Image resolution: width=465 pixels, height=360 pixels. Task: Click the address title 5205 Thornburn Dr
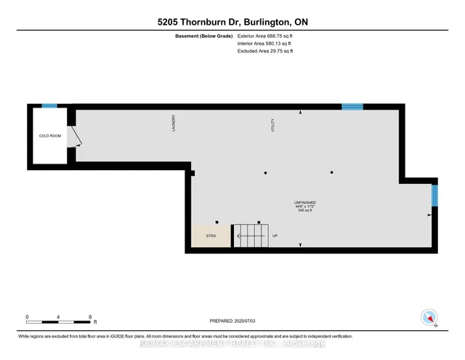click(x=232, y=22)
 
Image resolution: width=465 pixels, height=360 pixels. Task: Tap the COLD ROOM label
click(x=49, y=136)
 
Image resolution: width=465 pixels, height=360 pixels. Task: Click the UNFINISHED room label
click(x=304, y=202)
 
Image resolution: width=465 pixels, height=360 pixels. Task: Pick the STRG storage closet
click(x=211, y=237)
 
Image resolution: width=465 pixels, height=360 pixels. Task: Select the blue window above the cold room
click(x=49, y=106)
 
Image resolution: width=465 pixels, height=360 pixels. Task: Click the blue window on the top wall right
click(x=352, y=106)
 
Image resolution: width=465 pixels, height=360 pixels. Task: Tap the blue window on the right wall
click(x=434, y=195)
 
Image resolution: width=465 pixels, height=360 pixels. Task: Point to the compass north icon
click(x=429, y=316)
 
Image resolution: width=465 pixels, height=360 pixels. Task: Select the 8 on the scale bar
click(x=89, y=316)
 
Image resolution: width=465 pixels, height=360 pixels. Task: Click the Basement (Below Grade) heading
click(x=204, y=36)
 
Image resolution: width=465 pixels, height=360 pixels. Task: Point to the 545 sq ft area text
click(x=304, y=211)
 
